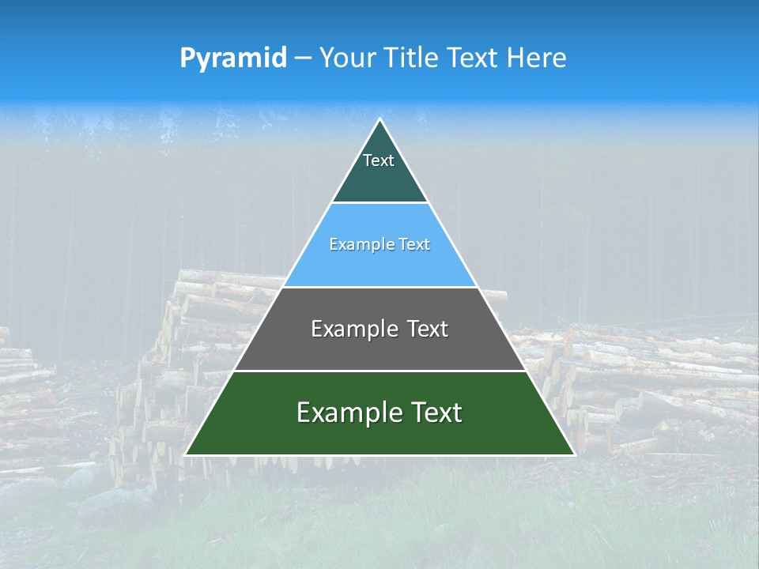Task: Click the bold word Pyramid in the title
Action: coord(233,58)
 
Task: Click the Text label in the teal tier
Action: coord(379,161)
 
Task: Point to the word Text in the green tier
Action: coord(435,413)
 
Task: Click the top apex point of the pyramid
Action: coord(379,119)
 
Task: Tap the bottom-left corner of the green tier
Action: coord(186,454)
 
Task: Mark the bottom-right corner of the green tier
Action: coord(574,454)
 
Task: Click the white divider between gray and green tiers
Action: coord(379,371)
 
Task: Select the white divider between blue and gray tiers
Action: coord(379,287)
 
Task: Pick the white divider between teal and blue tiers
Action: coord(379,203)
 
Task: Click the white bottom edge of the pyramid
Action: coord(379,455)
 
